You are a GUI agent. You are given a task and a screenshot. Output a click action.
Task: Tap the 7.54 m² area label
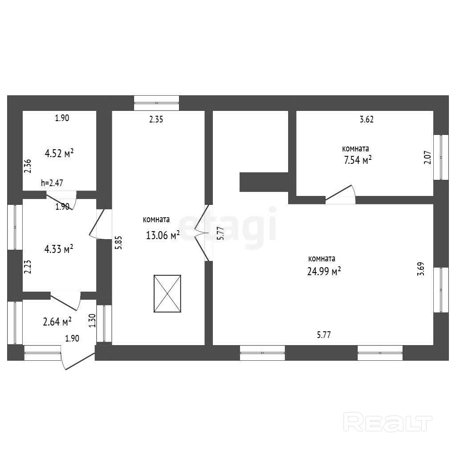coord(355,160)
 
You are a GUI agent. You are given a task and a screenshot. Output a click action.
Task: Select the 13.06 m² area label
coord(163,235)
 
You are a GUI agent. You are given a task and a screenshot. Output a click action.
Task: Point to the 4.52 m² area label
coord(59,154)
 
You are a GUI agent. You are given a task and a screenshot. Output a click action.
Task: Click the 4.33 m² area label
coord(59,249)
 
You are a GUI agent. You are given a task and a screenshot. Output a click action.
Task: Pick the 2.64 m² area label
coord(57,321)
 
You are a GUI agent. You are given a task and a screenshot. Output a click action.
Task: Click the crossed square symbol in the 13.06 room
coord(167,294)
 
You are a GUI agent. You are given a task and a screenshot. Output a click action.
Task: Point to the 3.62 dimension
coord(366,119)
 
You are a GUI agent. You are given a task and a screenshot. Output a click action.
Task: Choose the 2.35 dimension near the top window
coord(156,119)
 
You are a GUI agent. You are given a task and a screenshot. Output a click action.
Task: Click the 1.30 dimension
coord(92,321)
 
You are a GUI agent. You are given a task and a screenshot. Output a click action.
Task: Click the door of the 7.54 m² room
coord(340,195)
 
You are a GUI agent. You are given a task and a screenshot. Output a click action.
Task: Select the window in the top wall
coord(157,103)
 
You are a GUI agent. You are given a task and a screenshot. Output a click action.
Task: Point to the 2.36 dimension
coord(28,166)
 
